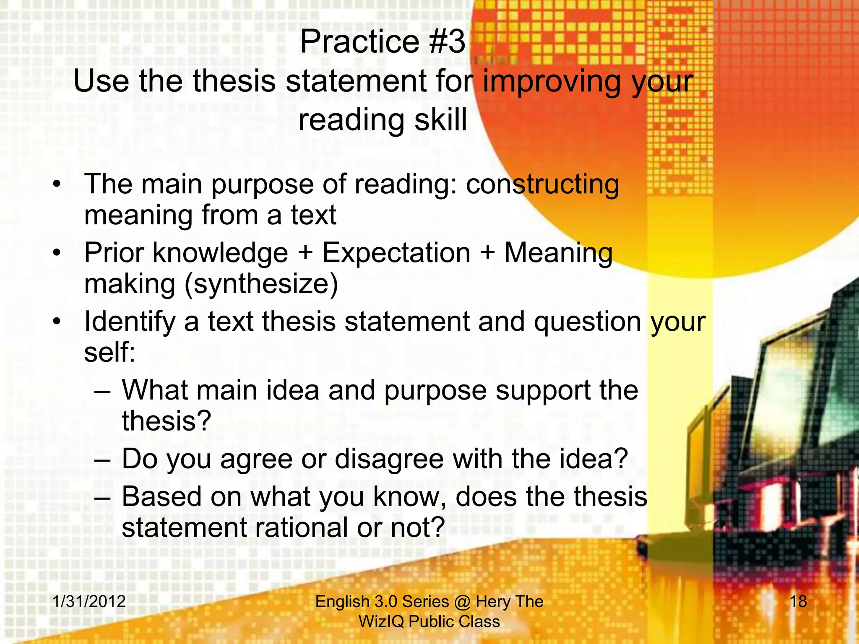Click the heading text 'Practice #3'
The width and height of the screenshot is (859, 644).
pos(383,42)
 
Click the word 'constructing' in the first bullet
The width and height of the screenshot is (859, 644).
pos(542,184)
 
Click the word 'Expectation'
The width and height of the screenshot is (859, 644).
pos(396,253)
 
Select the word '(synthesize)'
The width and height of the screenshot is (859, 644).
pos(261,284)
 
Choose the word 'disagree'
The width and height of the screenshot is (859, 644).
pos(389,459)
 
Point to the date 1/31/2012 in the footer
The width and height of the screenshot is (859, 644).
pos(89,601)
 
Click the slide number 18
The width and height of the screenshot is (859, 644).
pos(798,601)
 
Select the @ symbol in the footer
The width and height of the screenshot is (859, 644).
pos(462,602)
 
